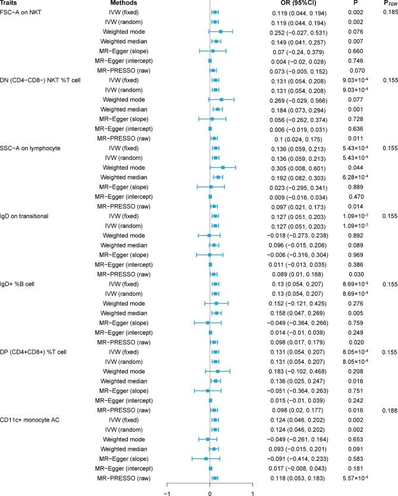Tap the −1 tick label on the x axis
pyautogui.click(x=167, y=493)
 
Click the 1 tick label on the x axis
pyautogui.click(x=253, y=493)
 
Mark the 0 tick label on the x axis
pyautogui.click(x=210, y=493)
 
